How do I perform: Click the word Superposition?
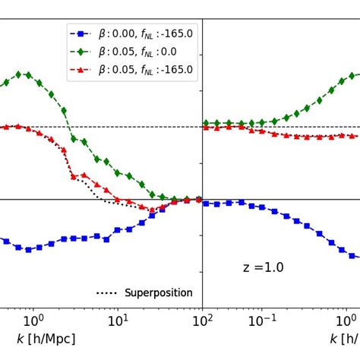tap(158, 293)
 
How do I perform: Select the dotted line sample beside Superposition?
tap(107, 293)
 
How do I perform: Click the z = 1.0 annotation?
tap(263, 267)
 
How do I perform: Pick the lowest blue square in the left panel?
tap(28, 249)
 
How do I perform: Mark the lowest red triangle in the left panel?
tap(152, 210)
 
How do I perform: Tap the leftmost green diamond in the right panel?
tap(206, 123)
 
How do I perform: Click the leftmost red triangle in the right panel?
tap(206, 128)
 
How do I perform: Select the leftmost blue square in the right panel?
tap(206, 203)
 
